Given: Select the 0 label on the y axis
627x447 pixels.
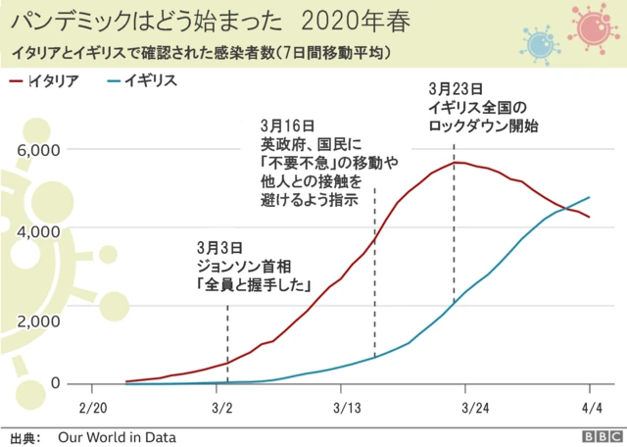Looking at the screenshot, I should point(55,382).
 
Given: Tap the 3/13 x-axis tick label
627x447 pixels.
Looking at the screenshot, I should point(348,406).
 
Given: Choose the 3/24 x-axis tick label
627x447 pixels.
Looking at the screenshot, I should point(475,406).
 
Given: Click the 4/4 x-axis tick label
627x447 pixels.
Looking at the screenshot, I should point(591,406).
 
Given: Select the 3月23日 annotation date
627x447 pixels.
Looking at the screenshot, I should point(455,87).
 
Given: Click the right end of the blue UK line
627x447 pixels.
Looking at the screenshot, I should point(590,197).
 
